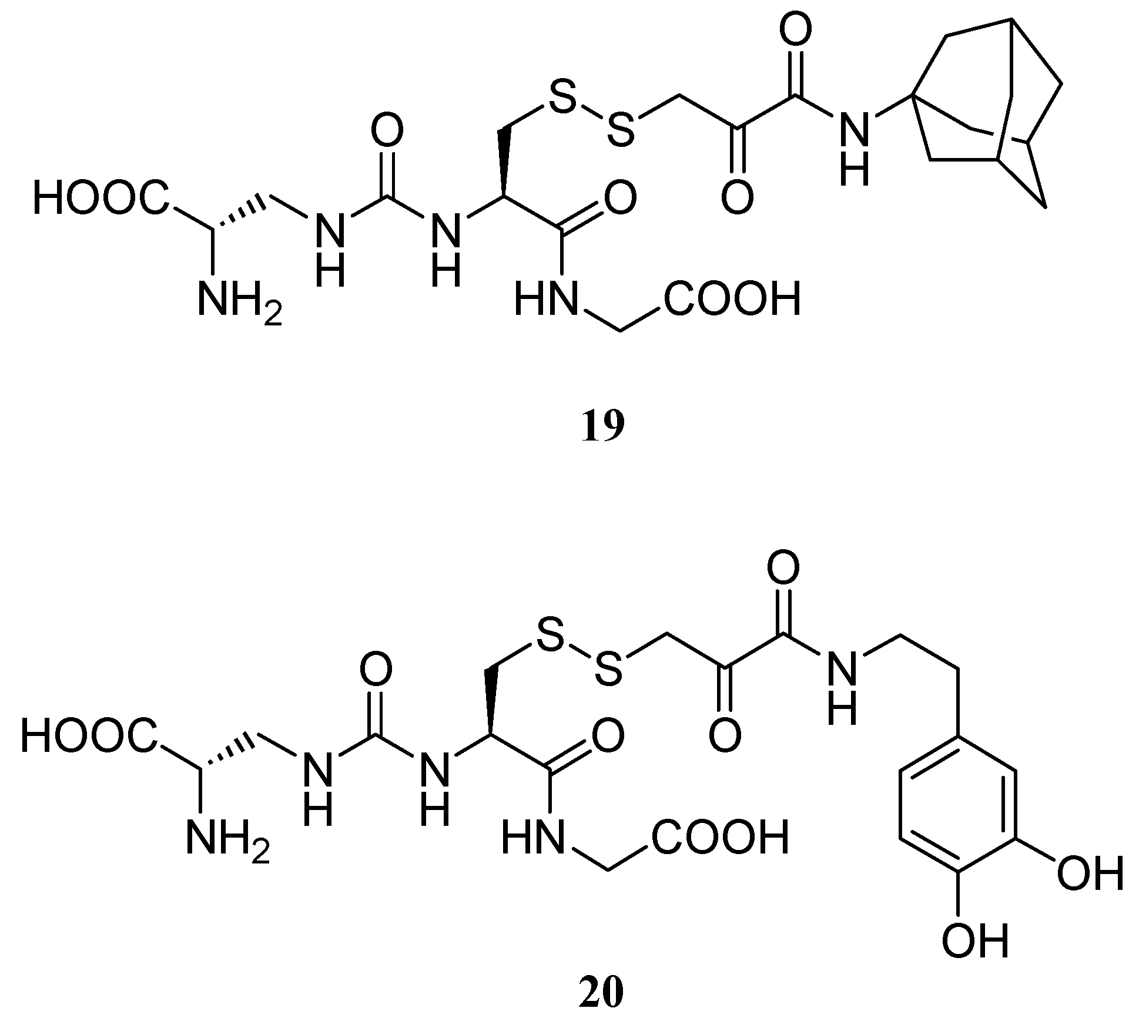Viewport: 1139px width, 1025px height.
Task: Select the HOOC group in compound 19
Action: point(101,197)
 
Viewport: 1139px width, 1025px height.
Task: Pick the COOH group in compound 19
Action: point(732,299)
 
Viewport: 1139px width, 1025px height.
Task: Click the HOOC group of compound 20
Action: point(89,737)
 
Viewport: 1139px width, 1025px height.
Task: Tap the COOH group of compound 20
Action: point(719,838)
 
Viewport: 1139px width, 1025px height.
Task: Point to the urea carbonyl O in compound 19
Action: point(387,131)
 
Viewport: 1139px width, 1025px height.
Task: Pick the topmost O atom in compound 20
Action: point(784,568)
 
